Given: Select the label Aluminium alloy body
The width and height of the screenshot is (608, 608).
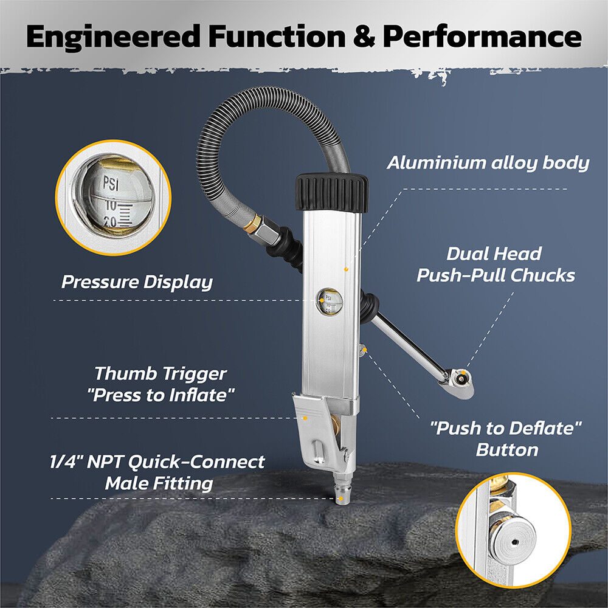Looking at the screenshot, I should click(488, 163).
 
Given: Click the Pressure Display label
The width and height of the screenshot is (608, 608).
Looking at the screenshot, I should click(137, 282).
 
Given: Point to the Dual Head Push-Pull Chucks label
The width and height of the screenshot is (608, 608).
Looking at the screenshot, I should click(495, 264).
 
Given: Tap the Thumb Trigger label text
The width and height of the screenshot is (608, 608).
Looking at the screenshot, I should click(161, 384).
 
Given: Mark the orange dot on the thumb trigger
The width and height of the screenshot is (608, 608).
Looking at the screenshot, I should click(305, 417).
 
